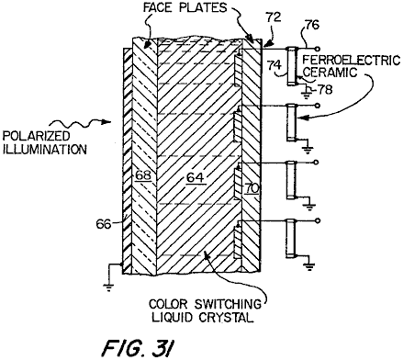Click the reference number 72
[x=274, y=17]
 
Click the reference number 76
[x=312, y=25]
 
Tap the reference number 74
[x=274, y=65]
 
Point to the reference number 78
[x=325, y=89]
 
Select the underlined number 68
[x=143, y=175]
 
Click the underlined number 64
[x=196, y=177]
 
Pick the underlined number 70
[x=252, y=188]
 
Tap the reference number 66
[x=104, y=224]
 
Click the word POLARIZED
[x=37, y=136]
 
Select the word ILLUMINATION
[x=45, y=150]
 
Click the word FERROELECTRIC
[x=352, y=61]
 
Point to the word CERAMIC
[x=330, y=73]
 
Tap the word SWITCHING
[x=229, y=304]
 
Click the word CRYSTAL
[x=227, y=317]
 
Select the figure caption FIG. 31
[x=138, y=348]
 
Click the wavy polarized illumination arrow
[x=81, y=123]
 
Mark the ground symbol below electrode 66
[x=108, y=287]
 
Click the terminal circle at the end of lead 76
[x=318, y=49]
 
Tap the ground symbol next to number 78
[x=307, y=96]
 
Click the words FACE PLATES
[x=185, y=7]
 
